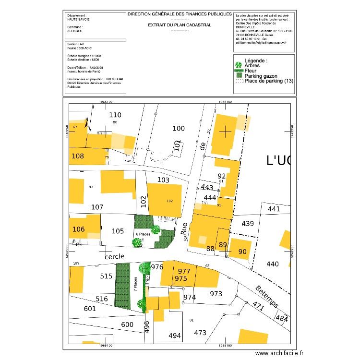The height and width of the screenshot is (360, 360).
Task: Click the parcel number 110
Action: coord(115,115)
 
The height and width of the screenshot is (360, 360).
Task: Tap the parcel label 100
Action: coord(178,128)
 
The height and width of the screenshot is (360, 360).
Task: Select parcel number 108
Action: coord(77,156)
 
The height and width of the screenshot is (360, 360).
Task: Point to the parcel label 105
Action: coord(118,231)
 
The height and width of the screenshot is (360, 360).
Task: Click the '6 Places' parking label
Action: coord(144,234)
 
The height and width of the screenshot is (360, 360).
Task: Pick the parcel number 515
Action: coord(107,276)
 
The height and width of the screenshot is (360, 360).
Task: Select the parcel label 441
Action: coord(273,209)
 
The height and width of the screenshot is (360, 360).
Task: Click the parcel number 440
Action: coord(272,264)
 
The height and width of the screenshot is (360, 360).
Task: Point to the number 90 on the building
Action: coord(242,252)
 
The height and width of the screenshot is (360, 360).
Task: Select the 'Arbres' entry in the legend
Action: coord(252,66)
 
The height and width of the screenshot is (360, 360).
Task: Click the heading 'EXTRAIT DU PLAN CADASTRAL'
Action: coord(180,25)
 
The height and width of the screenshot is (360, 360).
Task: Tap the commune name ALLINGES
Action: coord(74,31)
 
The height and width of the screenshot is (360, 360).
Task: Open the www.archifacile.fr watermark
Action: coord(279,353)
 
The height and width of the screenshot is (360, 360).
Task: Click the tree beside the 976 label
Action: coord(144,268)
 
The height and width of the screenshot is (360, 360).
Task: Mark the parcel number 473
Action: coord(200,332)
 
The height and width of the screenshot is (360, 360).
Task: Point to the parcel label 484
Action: coord(283,318)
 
